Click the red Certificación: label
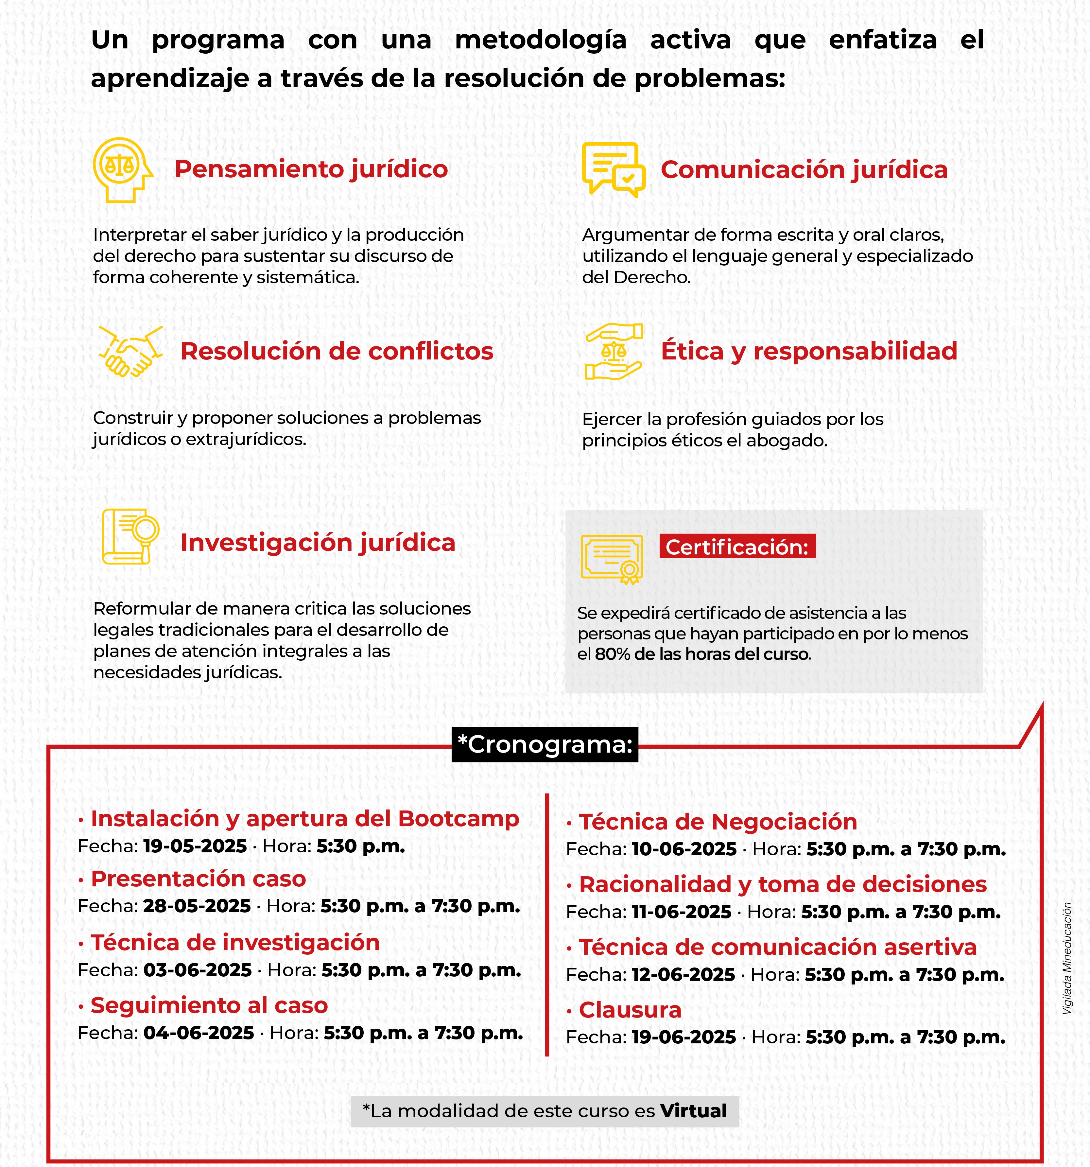point(737,547)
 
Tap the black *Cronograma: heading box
point(545,744)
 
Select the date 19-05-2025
point(195,846)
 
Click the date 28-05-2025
point(197,906)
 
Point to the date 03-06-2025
point(197,970)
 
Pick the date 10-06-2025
point(684,849)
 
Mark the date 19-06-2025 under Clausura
point(684,1037)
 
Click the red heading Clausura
point(630,1010)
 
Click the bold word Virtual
point(693,1111)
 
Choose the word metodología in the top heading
point(541,40)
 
